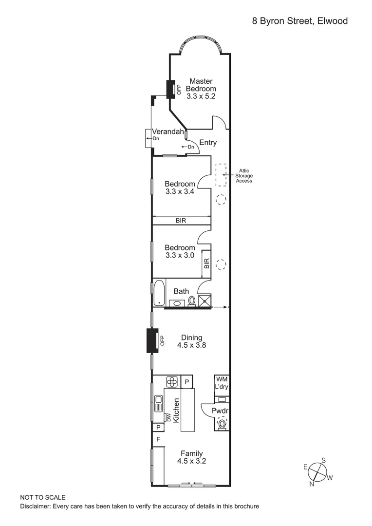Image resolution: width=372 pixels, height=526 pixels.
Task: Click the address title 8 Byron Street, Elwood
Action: [x=300, y=20]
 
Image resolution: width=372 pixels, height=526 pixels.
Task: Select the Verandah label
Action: [x=168, y=131]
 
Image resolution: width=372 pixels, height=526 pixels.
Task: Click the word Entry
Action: [x=208, y=143]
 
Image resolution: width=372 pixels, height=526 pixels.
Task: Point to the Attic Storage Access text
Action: [x=244, y=176]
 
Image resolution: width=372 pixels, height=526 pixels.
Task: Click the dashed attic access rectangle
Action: [x=222, y=174]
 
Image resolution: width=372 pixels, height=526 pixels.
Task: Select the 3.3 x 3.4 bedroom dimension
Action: [x=180, y=191]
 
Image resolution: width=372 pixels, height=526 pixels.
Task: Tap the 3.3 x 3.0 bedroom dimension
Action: [x=180, y=255]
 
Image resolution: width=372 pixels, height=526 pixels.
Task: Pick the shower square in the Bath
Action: [x=205, y=301]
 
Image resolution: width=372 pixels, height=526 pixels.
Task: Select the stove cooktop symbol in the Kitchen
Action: [x=172, y=381]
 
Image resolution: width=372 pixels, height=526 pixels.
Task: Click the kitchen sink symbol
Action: [x=159, y=404]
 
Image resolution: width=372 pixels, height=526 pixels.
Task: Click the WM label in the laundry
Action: [x=222, y=379]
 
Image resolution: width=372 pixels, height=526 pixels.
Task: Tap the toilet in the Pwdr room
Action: [x=222, y=423]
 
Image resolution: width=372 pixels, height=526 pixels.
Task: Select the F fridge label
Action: [x=158, y=439]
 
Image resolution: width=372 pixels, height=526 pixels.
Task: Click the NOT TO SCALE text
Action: [x=43, y=497]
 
